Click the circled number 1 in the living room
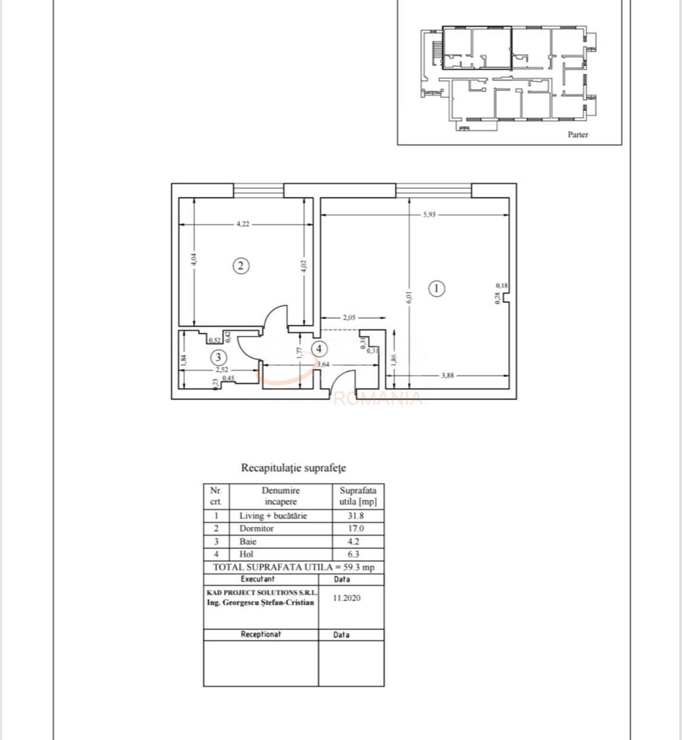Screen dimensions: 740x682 (x=436, y=288)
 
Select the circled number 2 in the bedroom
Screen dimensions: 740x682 (x=241, y=265)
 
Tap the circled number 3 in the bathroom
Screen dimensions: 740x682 (x=218, y=357)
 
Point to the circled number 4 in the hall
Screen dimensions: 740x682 (x=319, y=349)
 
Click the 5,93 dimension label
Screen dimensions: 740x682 (x=430, y=215)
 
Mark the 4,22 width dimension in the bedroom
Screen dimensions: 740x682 (x=242, y=224)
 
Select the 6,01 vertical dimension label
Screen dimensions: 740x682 (x=409, y=297)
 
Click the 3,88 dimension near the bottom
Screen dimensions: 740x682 (x=447, y=375)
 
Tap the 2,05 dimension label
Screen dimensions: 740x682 (x=349, y=317)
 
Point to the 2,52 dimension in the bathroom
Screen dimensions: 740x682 (x=221, y=368)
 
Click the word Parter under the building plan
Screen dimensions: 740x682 (x=578, y=135)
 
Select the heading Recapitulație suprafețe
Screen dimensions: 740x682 (x=293, y=468)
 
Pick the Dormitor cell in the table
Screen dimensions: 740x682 (x=256, y=528)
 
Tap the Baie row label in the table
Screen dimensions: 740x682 (x=248, y=541)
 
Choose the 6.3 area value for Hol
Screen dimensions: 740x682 (x=353, y=554)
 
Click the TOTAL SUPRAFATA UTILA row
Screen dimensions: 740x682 (x=293, y=567)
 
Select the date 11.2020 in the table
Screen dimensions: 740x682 (x=347, y=598)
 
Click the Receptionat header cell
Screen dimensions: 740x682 (x=261, y=635)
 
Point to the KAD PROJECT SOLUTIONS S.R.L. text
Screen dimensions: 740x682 (x=261, y=592)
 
